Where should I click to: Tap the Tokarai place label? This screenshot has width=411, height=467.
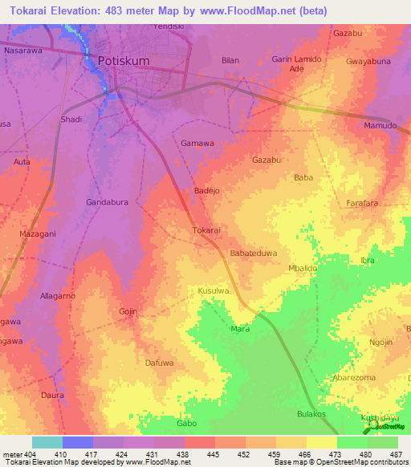click(x=206, y=230)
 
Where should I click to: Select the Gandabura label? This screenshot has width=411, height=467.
click(x=108, y=202)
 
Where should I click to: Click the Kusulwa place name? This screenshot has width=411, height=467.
click(x=214, y=290)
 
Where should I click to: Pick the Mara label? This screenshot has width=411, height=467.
click(x=240, y=329)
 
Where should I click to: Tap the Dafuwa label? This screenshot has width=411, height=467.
click(x=159, y=363)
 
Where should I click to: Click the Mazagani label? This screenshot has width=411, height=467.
click(x=37, y=233)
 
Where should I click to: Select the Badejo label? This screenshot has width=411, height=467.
click(x=208, y=191)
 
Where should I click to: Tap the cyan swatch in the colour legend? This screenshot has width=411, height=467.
click(x=47, y=442)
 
